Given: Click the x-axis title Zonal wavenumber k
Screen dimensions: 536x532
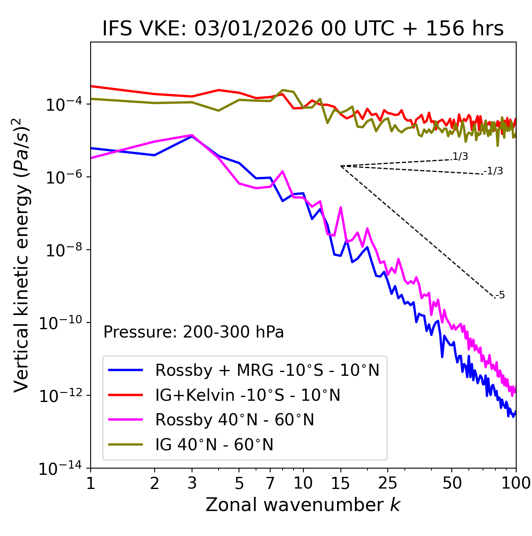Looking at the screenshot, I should click(x=303, y=505).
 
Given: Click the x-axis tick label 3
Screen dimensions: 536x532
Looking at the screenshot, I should click(x=192, y=483).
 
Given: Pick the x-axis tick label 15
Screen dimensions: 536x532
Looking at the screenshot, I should click(x=340, y=483).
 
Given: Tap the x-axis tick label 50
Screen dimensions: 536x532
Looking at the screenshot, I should click(x=452, y=483).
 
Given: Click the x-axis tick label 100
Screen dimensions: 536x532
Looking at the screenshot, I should click(x=515, y=483).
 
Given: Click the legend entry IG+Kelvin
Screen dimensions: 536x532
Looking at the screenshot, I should click(x=248, y=395).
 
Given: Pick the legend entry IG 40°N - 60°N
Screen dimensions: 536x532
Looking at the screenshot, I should click(x=214, y=445).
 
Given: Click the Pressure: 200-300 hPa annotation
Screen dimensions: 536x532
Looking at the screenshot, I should click(x=194, y=332).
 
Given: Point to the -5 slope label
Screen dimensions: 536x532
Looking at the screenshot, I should click(x=500, y=295).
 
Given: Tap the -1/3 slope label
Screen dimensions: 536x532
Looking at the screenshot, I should click(x=494, y=171).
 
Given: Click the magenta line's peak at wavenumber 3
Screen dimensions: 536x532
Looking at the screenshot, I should click(x=192, y=135).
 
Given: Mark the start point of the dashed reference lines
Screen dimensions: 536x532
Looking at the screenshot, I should click(x=341, y=166).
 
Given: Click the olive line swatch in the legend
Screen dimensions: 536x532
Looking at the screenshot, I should click(x=126, y=445).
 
